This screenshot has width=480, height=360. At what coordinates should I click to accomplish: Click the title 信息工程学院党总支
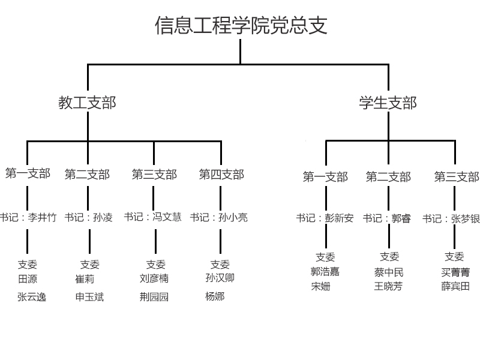click(241, 26)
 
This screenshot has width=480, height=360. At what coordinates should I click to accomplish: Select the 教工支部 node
click(87, 103)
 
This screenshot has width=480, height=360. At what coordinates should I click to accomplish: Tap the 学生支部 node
click(388, 103)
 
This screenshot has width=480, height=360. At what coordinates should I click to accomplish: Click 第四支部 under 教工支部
click(221, 175)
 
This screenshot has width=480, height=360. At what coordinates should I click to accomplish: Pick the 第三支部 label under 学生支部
click(457, 177)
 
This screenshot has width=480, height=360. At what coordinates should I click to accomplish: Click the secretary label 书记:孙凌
click(88, 217)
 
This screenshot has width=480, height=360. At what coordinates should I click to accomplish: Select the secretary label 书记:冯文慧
click(153, 217)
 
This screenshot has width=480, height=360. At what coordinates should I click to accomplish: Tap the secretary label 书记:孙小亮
click(219, 217)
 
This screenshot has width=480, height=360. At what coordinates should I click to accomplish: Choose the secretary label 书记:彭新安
click(325, 218)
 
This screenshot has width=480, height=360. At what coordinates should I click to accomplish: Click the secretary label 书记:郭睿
click(387, 218)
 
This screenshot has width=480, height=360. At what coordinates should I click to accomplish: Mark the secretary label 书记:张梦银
click(451, 219)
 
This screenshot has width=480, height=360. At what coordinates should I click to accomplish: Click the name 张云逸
click(32, 296)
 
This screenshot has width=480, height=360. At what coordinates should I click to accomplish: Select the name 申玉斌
click(89, 296)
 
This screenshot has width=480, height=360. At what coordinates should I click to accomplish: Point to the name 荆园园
click(154, 296)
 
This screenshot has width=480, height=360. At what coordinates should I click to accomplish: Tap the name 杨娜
click(215, 296)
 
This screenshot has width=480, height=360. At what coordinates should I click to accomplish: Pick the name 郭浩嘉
click(325, 272)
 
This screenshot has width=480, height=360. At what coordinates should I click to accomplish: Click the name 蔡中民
click(389, 272)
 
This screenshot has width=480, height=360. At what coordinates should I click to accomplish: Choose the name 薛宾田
click(455, 286)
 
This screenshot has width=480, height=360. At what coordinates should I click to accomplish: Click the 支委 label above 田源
click(28, 264)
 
